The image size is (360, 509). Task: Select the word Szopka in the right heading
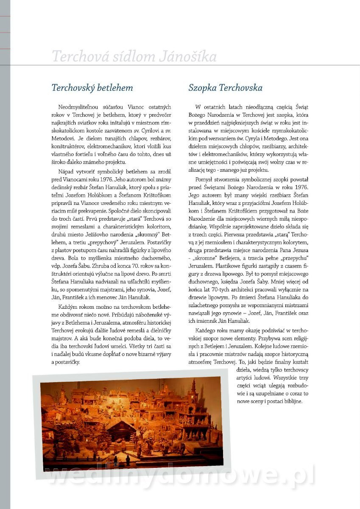click(x=204, y=88)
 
